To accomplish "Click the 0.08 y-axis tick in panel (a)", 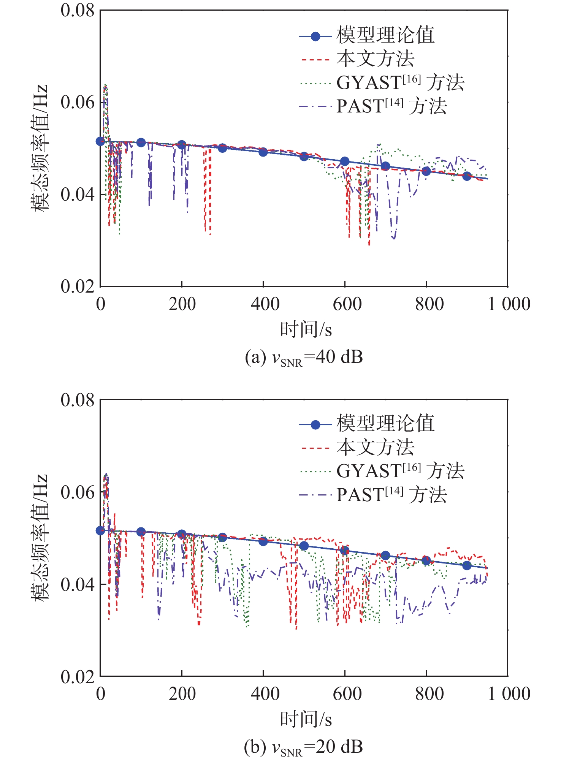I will coord(77,11).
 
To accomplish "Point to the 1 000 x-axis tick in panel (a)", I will coord(509,304).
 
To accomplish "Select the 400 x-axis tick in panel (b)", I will coord(265,693).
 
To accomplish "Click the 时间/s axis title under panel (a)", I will coord(306,329).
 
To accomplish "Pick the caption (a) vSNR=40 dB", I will coord(304,357).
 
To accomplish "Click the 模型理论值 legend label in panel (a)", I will coord(385,35).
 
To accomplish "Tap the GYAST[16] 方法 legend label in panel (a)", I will coord(400,82).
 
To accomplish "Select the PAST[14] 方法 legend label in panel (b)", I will coord(391,495).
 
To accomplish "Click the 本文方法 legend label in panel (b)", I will coord(375,447).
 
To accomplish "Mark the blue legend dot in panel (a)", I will coord(315,36).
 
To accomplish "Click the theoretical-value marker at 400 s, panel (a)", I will coord(263,152).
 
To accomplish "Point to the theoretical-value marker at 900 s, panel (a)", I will coord(467,176).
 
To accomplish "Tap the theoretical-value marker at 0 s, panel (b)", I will coord(100,530).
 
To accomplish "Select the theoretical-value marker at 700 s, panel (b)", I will coord(385,555).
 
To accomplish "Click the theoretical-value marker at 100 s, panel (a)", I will coord(141,142).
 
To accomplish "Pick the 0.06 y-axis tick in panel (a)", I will coord(77,102).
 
